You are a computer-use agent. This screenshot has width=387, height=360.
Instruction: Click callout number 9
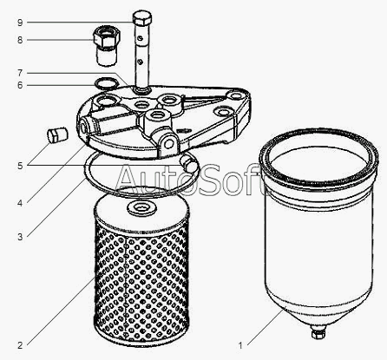(20, 23)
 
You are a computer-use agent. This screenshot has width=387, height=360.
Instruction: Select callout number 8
(20, 40)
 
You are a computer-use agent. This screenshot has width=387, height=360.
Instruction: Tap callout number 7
(20, 73)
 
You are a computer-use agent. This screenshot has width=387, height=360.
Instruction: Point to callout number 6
(20, 85)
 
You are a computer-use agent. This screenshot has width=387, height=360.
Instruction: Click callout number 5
(20, 166)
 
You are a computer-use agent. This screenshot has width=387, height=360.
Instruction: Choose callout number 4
(20, 203)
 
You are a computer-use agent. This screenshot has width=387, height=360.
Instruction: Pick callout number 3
(20, 237)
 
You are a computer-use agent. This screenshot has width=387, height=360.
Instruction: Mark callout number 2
(20, 345)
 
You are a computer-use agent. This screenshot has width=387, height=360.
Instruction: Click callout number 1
(240, 345)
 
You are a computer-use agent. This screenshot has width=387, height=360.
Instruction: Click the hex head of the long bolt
(142, 18)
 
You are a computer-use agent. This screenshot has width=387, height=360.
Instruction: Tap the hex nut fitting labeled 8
(107, 37)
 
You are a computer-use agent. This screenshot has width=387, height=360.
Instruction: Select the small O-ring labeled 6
(107, 83)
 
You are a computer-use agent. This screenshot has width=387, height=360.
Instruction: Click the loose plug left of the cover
(57, 135)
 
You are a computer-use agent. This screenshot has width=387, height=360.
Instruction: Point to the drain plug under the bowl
(318, 332)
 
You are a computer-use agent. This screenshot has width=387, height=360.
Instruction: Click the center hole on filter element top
(141, 207)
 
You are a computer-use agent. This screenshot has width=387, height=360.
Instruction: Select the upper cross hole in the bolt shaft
(140, 39)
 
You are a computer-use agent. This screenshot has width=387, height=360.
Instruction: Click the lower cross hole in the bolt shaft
(140, 62)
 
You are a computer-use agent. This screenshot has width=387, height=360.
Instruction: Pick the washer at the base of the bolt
(141, 90)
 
